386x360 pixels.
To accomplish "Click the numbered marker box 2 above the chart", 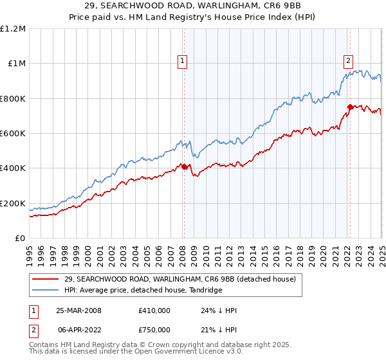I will tap(348, 61).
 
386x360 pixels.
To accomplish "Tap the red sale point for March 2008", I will tap(184, 166).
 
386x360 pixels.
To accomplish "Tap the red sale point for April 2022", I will tap(350, 107).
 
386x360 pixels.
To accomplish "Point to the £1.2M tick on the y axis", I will tap(13, 29).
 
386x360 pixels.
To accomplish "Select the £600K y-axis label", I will tap(13, 134).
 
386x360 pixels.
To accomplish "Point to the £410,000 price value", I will tap(154, 310).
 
